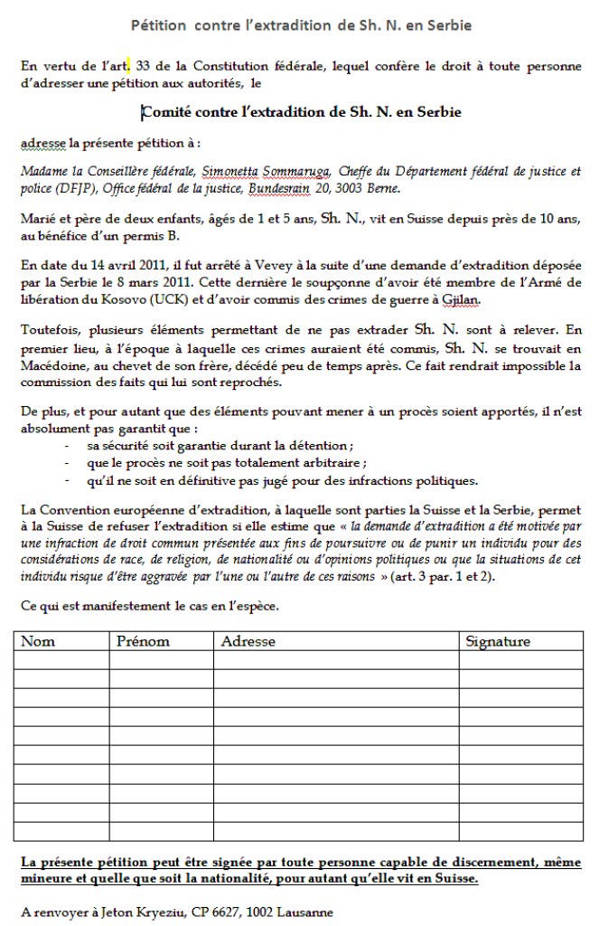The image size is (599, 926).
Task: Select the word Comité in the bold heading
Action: (x=166, y=112)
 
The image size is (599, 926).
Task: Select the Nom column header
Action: (x=38, y=641)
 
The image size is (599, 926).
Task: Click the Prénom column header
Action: (x=143, y=641)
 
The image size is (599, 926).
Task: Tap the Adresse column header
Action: (x=248, y=641)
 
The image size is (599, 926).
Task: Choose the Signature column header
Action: (x=498, y=641)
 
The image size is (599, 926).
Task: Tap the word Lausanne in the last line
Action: (x=304, y=912)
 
